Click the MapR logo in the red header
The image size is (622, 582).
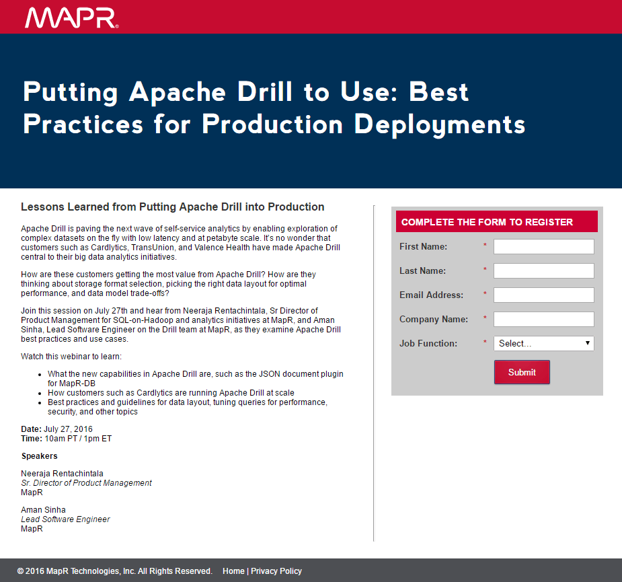(71, 18)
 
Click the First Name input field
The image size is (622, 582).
(544, 246)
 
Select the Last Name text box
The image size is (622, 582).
(544, 270)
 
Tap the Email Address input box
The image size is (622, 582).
(544, 295)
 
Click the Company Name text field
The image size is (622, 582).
(544, 319)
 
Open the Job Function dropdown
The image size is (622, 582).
(544, 343)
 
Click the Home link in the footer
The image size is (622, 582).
(233, 571)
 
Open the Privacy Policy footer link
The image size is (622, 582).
(276, 571)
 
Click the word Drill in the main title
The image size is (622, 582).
(264, 92)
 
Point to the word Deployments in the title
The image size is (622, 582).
(440, 125)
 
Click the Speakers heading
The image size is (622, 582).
(39, 456)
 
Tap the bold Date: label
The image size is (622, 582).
(32, 429)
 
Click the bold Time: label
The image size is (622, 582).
(32, 439)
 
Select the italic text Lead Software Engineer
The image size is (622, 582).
(65, 519)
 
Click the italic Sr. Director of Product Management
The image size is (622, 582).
(87, 483)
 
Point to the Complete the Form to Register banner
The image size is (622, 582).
(497, 221)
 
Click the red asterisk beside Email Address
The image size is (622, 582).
(485, 294)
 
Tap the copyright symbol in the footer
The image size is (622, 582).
(20, 571)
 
